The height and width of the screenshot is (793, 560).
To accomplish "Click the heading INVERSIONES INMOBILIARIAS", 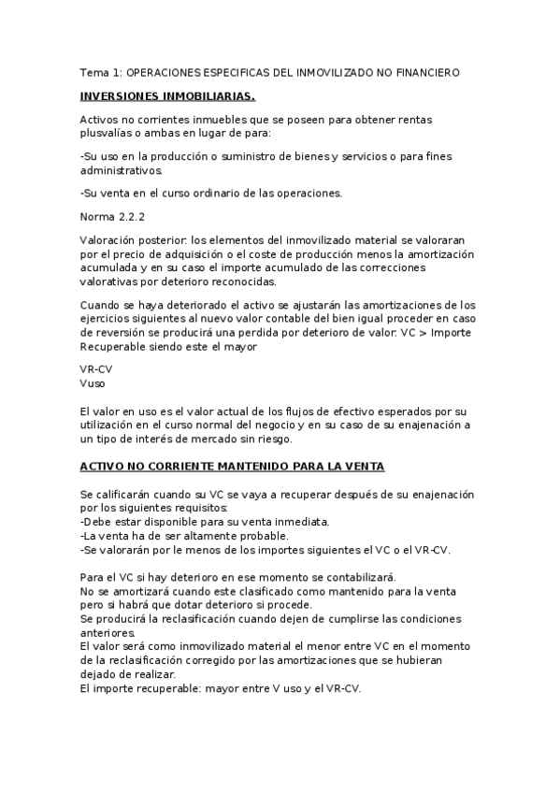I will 167,96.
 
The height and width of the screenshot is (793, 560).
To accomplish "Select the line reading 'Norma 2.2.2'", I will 112,217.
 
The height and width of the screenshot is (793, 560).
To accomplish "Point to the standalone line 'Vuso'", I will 93,382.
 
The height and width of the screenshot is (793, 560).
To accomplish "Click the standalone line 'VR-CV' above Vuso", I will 96,369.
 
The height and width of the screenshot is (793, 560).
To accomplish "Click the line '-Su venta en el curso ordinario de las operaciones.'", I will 211,194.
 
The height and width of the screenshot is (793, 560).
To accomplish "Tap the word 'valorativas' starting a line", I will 109,281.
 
